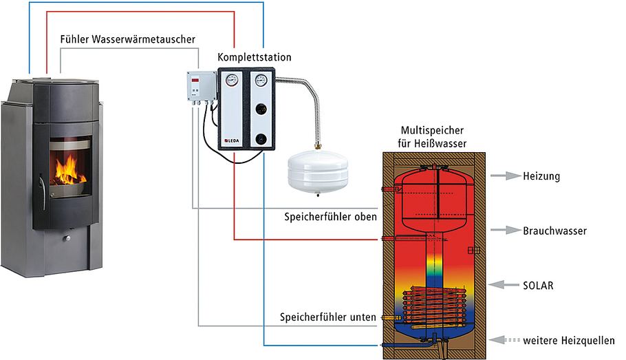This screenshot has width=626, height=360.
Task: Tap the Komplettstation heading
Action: (x=254, y=58)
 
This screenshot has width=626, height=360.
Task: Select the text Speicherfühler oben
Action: (x=330, y=217)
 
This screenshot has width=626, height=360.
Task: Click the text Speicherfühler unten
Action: (x=327, y=317)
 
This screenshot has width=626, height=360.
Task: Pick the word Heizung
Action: (x=541, y=176)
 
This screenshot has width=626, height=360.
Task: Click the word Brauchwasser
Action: (x=554, y=231)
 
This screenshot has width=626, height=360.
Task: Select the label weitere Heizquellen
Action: (x=568, y=340)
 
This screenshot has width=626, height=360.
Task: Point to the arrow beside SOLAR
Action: (x=505, y=284)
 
